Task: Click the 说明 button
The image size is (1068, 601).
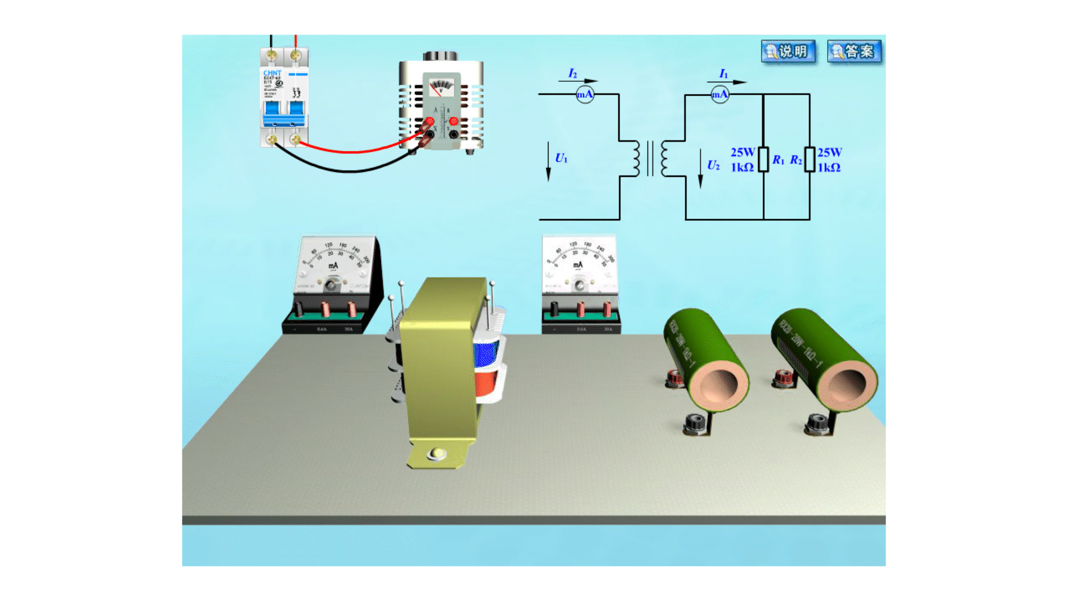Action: tap(788, 52)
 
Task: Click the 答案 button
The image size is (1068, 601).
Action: tap(854, 52)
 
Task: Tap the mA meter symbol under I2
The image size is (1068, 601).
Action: tap(585, 94)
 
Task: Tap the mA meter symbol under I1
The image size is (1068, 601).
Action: tap(720, 94)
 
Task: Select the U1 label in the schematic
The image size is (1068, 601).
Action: tap(561, 159)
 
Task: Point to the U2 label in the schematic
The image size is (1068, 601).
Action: tap(713, 165)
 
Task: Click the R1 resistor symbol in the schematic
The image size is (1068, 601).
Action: tap(764, 159)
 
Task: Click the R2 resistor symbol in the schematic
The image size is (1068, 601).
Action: tap(810, 159)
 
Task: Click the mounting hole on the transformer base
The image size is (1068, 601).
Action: tap(437, 454)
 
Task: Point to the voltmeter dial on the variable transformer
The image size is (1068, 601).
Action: tap(441, 88)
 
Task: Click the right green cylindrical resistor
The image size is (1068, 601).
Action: tap(823, 359)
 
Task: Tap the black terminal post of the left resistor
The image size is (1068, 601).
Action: tap(695, 424)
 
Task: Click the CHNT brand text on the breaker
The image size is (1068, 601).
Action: tap(272, 73)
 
